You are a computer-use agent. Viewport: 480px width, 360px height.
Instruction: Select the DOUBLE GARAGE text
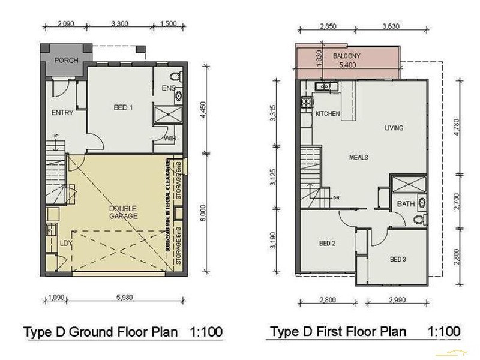click(123, 212)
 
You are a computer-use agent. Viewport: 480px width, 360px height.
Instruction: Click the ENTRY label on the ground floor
click(62, 113)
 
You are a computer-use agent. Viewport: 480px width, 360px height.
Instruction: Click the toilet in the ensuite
click(175, 77)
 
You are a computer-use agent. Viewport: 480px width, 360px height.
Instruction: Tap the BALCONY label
click(346, 56)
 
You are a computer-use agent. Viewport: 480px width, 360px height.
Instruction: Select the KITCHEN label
click(328, 113)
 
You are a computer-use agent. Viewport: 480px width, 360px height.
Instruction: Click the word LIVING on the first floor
click(394, 128)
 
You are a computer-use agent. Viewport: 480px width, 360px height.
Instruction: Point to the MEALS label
click(359, 157)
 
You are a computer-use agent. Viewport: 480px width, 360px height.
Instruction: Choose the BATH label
click(406, 204)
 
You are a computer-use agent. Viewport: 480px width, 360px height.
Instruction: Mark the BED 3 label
click(398, 259)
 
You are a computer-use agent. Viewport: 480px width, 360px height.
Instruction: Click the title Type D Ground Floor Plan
click(100, 332)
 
